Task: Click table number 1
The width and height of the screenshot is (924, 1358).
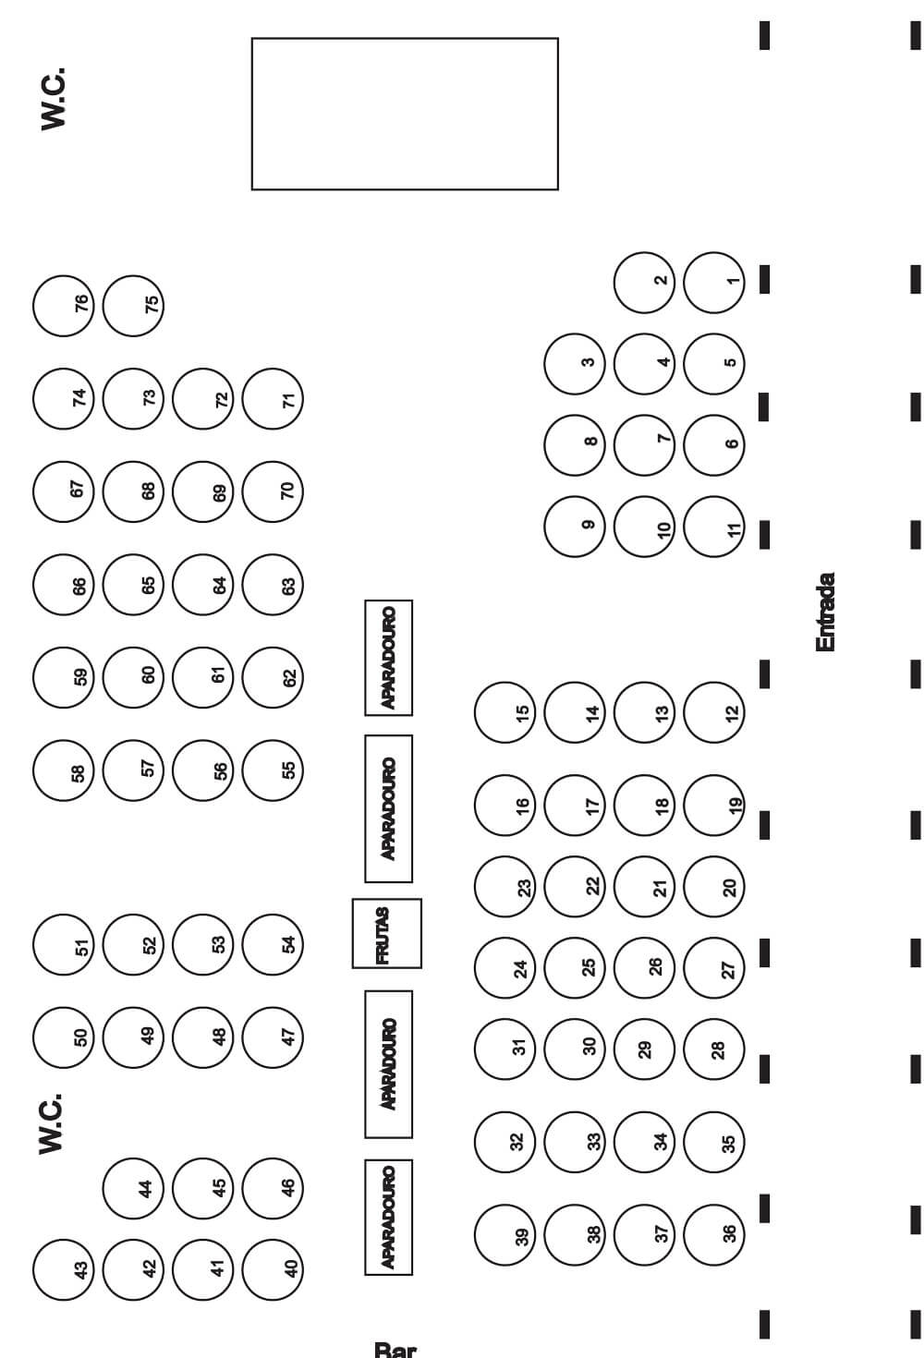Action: point(715,283)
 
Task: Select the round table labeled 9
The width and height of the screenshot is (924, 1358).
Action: point(575,527)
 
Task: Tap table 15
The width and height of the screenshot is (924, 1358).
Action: point(505,713)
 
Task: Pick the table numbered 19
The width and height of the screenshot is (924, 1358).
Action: point(715,806)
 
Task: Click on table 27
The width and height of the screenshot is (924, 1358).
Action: point(715,969)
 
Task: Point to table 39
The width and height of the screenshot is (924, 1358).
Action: point(505,1235)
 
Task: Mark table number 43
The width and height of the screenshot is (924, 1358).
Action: point(63,1269)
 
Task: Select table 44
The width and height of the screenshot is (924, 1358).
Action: point(131,1188)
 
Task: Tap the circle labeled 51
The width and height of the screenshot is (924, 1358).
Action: point(63,946)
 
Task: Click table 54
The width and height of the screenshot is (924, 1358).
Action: point(273,944)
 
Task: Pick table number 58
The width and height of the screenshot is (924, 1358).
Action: point(63,770)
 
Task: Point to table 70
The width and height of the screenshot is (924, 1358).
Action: point(273,491)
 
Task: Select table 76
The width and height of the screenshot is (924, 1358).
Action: point(63,305)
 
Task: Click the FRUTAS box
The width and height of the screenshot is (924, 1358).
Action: point(386,933)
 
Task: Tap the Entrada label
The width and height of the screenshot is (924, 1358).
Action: point(826,612)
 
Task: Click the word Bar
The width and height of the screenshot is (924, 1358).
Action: point(395,1349)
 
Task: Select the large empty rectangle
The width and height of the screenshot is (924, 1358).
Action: point(405,114)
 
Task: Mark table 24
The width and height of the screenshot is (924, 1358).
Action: point(505,969)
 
